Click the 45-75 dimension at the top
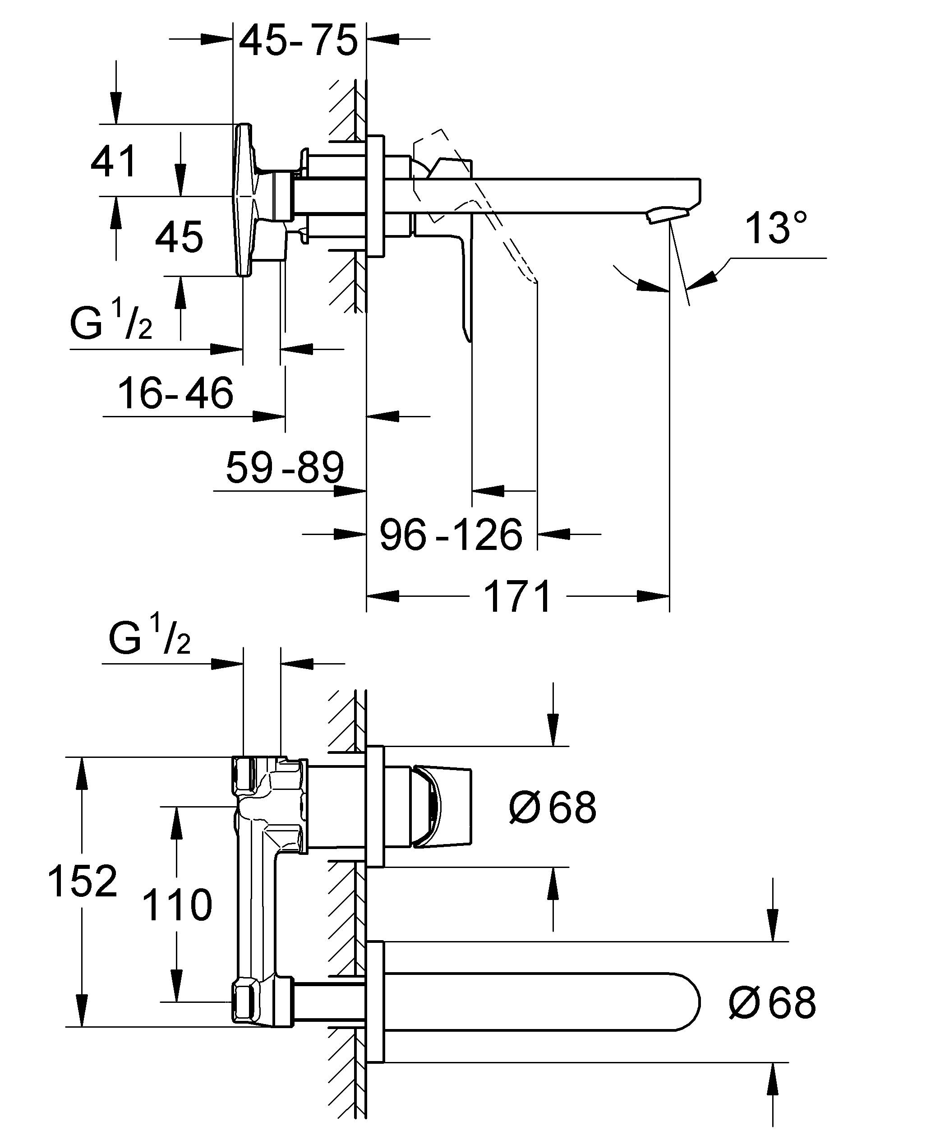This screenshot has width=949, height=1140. (x=298, y=41)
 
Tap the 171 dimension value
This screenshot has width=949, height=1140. (x=516, y=596)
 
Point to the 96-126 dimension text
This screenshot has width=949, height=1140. (x=451, y=535)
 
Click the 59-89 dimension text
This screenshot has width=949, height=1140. (x=285, y=467)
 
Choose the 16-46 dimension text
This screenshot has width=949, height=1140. (x=175, y=393)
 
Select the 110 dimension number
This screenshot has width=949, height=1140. (x=176, y=905)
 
